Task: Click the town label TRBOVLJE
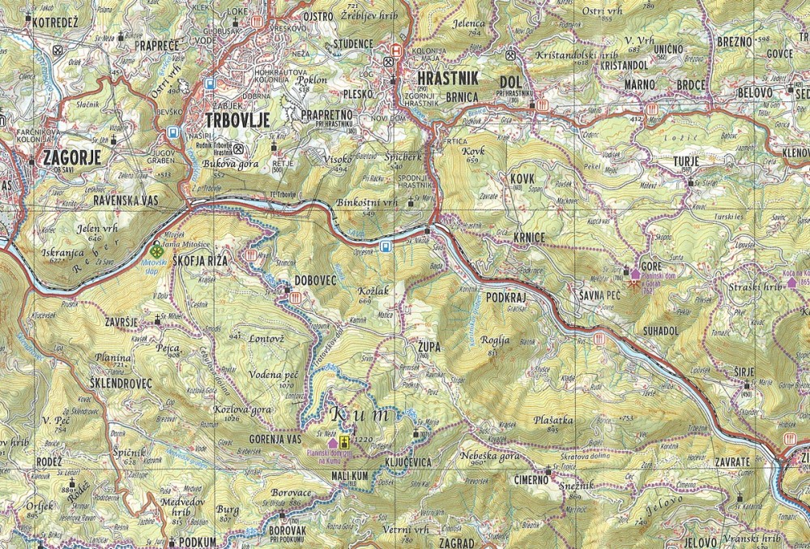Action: [236, 118]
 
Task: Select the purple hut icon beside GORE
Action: [634, 276]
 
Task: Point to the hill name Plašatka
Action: [554, 420]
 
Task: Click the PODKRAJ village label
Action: [507, 298]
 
